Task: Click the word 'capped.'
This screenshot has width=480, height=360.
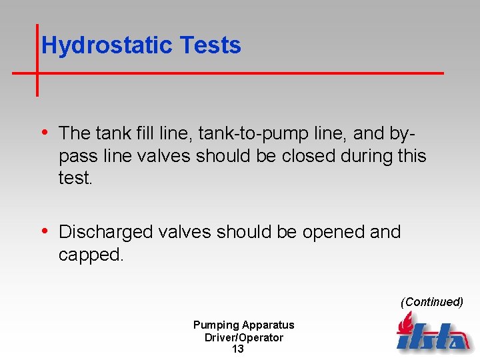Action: click(x=91, y=255)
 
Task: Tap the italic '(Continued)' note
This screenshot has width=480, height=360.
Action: click(x=431, y=302)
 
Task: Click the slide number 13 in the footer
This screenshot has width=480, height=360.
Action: click(x=238, y=349)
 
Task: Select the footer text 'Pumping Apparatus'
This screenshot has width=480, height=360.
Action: click(x=243, y=325)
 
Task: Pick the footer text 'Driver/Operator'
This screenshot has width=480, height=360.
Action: click(x=243, y=337)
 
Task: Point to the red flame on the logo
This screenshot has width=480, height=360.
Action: click(x=404, y=324)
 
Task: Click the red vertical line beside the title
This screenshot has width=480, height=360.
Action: click(x=37, y=60)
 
